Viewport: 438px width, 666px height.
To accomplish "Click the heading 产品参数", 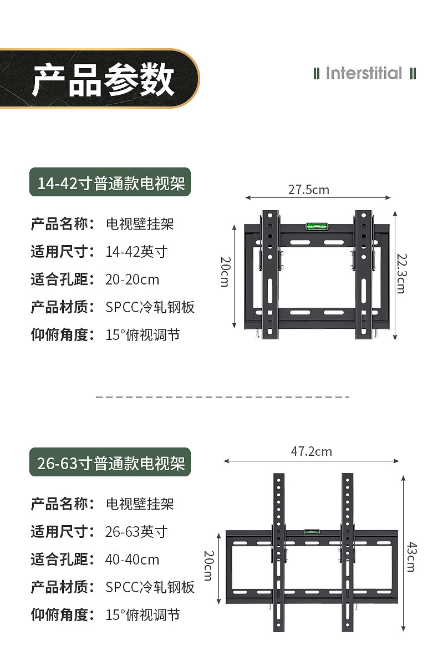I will click(x=103, y=79).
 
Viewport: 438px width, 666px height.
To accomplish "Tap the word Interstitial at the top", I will click(x=364, y=73).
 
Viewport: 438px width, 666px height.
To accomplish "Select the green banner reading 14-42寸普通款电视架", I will click(x=110, y=182).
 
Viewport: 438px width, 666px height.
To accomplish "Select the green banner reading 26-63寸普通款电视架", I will click(x=110, y=462).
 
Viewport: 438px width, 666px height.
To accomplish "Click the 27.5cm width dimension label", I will click(x=308, y=190).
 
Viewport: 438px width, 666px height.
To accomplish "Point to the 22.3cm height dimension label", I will click(x=400, y=273).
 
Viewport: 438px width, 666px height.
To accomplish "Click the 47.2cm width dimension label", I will click(x=311, y=451).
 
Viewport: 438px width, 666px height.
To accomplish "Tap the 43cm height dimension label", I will click(x=411, y=556).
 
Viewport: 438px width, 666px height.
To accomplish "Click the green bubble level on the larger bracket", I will click(x=311, y=532).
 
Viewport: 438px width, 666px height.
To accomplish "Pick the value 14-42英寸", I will click(x=136, y=252).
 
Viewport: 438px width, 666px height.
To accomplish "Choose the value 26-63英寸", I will click(x=136, y=532).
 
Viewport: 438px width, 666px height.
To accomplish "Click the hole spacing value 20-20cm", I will click(x=132, y=279).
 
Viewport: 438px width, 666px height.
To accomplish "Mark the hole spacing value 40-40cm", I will click(x=132, y=560).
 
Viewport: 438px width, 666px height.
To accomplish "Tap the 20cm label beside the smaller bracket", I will click(x=225, y=271).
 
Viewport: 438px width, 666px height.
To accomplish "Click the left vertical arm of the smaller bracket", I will click(x=269, y=274).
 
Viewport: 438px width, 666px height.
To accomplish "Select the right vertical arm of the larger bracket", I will click(x=348, y=555).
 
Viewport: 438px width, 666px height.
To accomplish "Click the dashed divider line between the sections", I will click(x=222, y=397).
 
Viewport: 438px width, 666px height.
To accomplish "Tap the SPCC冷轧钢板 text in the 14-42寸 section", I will click(x=150, y=307).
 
